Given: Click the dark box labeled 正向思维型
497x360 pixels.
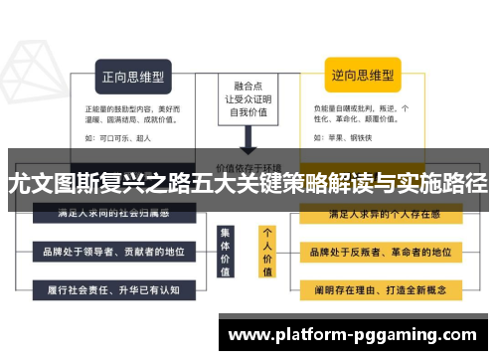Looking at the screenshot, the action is click(x=133, y=74).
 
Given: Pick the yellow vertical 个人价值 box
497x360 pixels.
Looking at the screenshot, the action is click(x=267, y=251).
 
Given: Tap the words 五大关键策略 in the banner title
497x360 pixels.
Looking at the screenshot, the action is click(x=245, y=183).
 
